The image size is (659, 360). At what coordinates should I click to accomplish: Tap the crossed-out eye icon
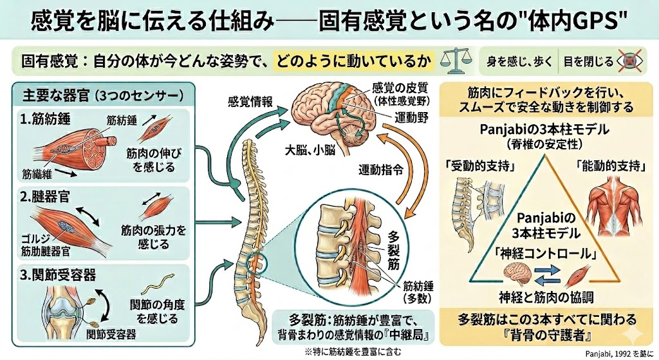pos(629,62)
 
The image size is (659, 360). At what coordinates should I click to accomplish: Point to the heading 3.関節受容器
pos(59,276)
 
